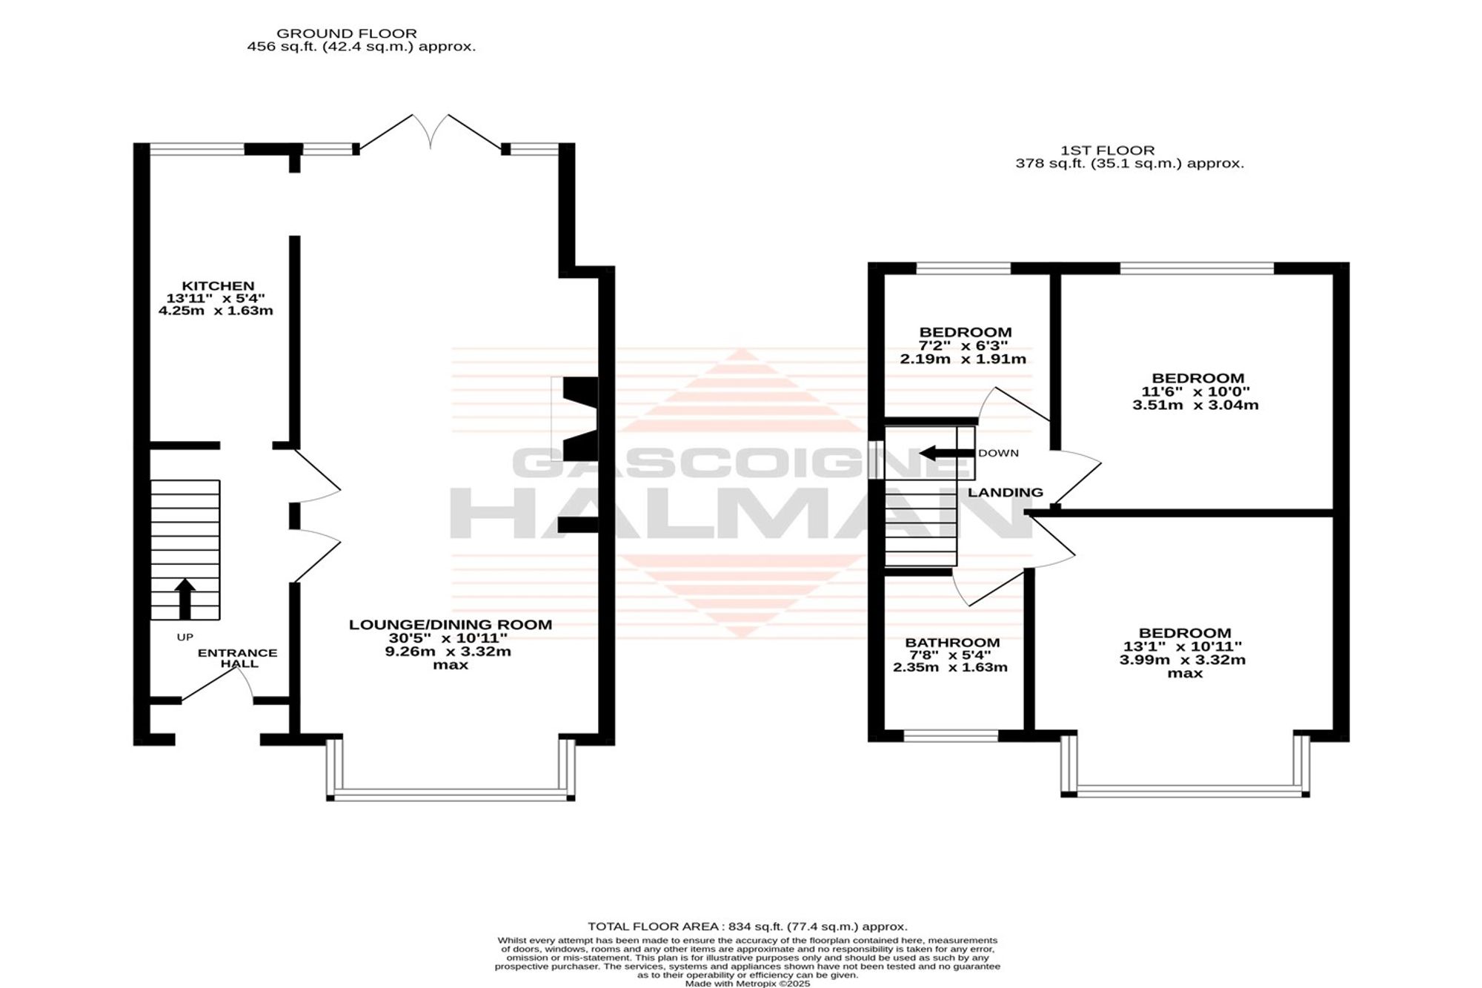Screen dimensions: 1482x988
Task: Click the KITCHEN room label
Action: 218,286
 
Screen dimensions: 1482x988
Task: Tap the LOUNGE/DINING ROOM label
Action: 451,625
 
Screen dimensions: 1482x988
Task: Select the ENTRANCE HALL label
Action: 238,658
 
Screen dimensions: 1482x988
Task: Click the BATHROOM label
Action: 952,643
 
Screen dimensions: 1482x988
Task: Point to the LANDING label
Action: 1006,492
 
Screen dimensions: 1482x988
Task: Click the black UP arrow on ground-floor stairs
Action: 185,599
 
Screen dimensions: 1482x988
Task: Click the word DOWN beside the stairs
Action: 998,453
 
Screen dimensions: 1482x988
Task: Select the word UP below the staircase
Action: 185,637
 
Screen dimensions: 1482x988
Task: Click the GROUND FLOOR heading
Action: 347,33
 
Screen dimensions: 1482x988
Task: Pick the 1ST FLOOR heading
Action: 1109,150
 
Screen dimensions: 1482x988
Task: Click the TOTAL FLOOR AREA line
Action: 747,926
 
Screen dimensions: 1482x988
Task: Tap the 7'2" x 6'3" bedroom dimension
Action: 965,345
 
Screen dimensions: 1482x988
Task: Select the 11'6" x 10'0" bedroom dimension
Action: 1196,391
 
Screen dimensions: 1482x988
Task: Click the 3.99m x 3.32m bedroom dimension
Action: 1183,660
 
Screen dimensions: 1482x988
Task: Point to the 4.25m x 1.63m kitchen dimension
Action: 216,311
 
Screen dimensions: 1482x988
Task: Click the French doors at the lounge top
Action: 431,133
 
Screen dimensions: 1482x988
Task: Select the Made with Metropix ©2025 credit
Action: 747,984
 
